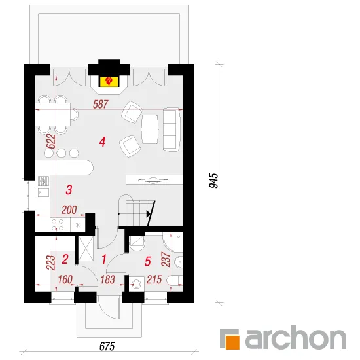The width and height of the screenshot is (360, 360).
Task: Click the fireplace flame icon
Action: (x=109, y=81)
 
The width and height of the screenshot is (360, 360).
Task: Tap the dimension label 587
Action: (x=101, y=105)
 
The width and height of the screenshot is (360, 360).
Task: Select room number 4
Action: (x=102, y=142)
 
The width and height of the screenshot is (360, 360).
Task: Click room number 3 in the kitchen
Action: (x=69, y=190)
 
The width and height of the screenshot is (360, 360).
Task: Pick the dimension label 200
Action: (x=69, y=210)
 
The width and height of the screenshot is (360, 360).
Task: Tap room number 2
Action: (x=65, y=259)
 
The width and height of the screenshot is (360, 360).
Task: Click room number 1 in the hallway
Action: (x=104, y=259)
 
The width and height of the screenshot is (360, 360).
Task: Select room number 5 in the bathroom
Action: (x=148, y=261)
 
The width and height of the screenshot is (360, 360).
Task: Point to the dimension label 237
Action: (x=166, y=259)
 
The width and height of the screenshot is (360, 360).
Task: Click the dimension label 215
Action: (x=154, y=279)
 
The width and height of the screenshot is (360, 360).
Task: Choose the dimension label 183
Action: (x=108, y=279)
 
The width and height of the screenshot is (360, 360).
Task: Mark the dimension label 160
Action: (x=65, y=279)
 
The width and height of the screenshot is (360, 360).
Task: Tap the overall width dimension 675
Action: (x=107, y=346)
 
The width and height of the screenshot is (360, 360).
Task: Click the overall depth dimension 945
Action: (x=214, y=181)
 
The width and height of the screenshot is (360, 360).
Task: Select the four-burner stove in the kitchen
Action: (x=58, y=225)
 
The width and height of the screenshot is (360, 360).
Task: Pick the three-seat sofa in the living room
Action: (x=171, y=129)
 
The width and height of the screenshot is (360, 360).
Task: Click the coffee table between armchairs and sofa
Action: (x=150, y=129)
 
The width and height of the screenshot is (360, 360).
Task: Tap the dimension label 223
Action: (x=51, y=262)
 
